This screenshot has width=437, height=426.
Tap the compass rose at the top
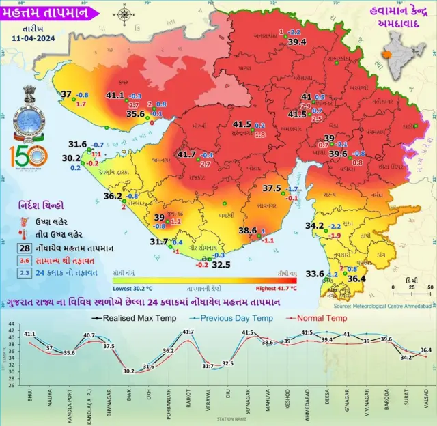[125, 14]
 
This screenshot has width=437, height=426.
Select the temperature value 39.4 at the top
[297, 42]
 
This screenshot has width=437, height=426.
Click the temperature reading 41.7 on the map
[186, 155]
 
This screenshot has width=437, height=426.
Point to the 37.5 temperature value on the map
[272, 188]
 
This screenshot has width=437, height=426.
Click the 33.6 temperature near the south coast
[314, 274]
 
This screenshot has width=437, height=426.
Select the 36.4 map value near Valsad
[357, 278]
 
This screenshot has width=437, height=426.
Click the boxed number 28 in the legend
[24, 248]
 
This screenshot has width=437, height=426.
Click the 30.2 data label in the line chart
[128, 371]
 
